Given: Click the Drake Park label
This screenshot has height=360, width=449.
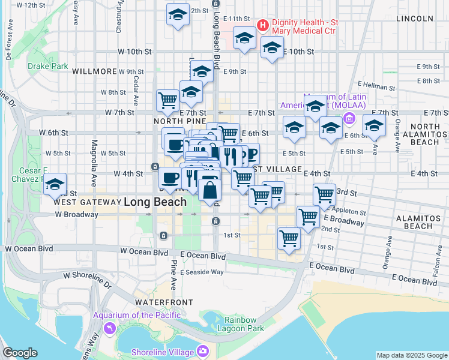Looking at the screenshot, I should [x=48, y=66].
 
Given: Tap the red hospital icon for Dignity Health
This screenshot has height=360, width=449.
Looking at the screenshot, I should [x=262, y=25].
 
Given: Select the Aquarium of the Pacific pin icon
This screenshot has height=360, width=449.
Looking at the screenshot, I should [x=109, y=328].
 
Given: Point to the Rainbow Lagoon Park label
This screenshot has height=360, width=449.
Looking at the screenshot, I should [x=244, y=324].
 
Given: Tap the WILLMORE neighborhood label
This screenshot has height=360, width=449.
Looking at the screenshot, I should [x=94, y=71].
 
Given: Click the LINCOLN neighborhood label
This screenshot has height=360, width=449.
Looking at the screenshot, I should [x=415, y=19].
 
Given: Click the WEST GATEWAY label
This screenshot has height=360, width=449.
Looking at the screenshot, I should [x=84, y=202].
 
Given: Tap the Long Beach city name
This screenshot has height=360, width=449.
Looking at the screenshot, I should [x=155, y=202].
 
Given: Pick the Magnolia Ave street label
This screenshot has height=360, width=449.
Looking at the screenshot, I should [x=94, y=162].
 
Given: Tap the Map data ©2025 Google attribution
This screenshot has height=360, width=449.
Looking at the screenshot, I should [x=412, y=355].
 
